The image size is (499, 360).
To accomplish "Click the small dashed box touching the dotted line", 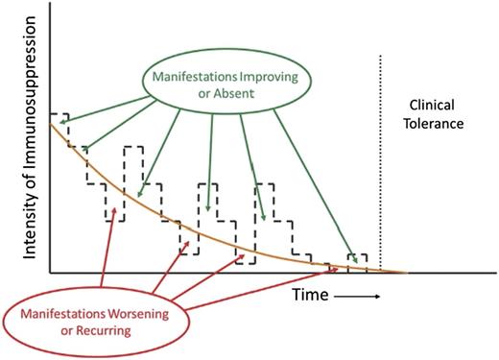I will pyautogui.click(x=357, y=262).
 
